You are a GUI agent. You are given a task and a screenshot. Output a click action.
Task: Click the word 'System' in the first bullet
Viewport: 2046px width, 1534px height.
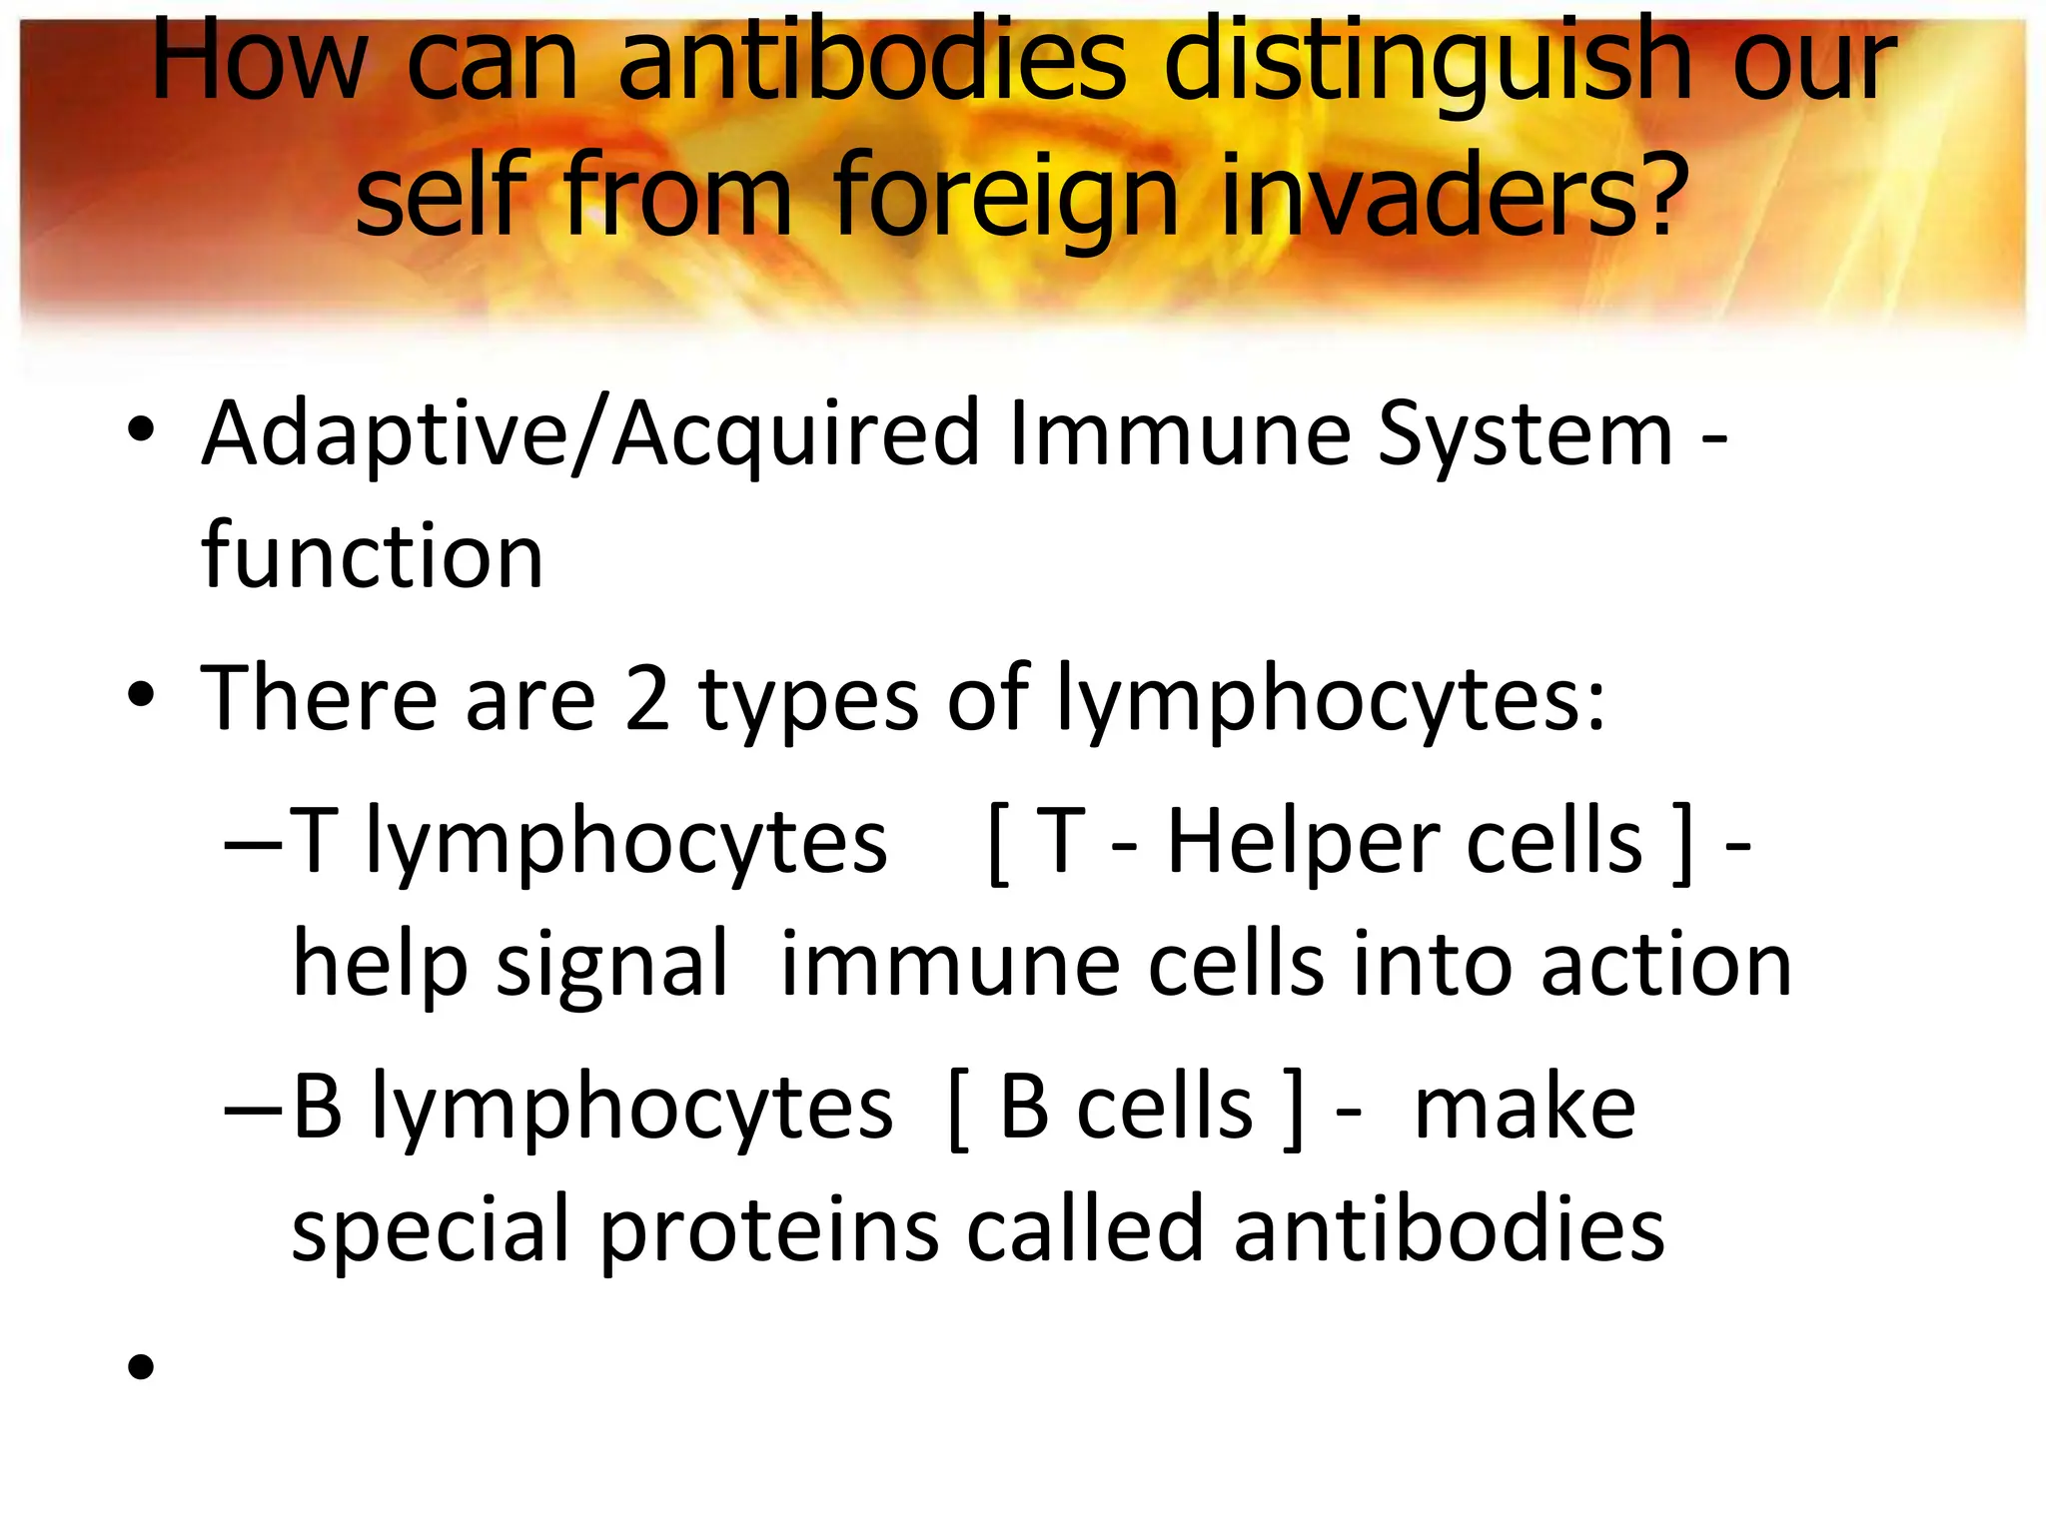coord(1525,434)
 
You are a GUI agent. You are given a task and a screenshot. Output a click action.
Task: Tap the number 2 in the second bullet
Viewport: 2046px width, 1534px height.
coord(646,698)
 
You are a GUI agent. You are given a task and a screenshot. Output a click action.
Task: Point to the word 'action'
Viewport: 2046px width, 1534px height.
coord(1665,965)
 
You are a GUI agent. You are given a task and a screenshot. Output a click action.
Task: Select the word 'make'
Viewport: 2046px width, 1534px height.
coord(1525,1108)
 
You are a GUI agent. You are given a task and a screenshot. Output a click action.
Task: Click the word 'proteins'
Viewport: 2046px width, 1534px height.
coord(769,1231)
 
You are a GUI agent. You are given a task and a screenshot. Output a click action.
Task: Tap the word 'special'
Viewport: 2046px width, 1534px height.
coord(431,1231)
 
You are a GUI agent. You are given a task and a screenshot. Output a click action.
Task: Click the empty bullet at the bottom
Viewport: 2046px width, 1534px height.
coord(141,1366)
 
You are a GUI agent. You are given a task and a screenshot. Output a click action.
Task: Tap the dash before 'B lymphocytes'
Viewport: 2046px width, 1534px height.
coord(255,1110)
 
